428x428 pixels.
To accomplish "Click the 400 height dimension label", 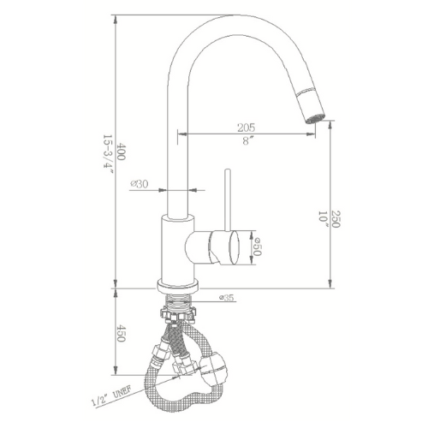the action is pyautogui.click(x=121, y=152).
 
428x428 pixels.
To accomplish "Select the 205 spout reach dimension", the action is pyautogui.click(x=246, y=128).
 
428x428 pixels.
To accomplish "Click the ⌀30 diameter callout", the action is pyautogui.click(x=140, y=184).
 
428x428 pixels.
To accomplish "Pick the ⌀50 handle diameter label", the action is pyautogui.click(x=257, y=247).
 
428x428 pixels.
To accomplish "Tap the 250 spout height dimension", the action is pyautogui.click(x=336, y=219).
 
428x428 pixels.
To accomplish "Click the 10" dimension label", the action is pyautogui.click(x=324, y=219).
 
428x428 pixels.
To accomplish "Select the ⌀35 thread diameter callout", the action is pyautogui.click(x=227, y=298).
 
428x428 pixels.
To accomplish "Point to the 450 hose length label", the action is pyautogui.click(x=121, y=333).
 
